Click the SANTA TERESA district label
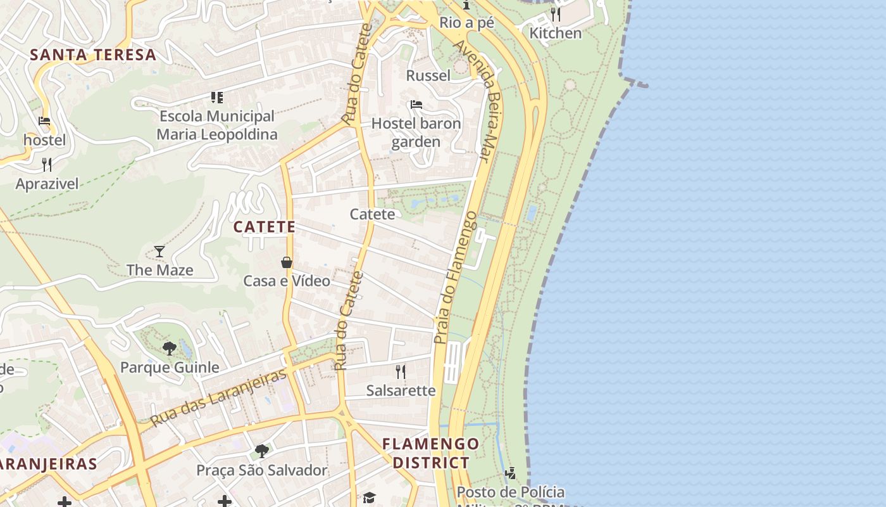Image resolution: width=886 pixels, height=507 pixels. tap(93, 55)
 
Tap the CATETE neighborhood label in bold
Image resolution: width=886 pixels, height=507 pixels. tap(265, 227)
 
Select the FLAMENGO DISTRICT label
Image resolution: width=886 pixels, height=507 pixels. tap(431, 453)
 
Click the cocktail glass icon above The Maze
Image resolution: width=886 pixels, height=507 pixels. tap(159, 252)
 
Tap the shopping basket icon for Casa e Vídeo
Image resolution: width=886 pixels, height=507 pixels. tap(287, 262)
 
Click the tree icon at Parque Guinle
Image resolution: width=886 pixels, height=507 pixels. tap(169, 348)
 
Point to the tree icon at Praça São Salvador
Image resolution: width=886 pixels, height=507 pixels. tap(261, 451)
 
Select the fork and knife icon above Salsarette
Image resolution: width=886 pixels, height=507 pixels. tap(401, 371)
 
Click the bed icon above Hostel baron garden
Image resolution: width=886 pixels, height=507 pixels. tap(416, 105)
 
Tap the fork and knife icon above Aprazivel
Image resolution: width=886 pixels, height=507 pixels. tap(47, 165)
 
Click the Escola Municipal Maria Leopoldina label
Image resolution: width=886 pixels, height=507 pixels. tap(217, 125)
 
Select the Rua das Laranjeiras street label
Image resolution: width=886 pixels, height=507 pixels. tap(218, 397)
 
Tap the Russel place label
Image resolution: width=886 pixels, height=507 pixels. tap(428, 76)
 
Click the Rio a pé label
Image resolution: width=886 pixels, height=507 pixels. tap(466, 23)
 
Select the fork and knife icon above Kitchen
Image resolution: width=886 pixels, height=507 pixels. tap(555, 14)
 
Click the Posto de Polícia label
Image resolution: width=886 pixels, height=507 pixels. tap(511, 492)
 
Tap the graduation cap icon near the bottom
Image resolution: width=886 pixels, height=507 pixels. tap(369, 497)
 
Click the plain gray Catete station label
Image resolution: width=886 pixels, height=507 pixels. tap(372, 214)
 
